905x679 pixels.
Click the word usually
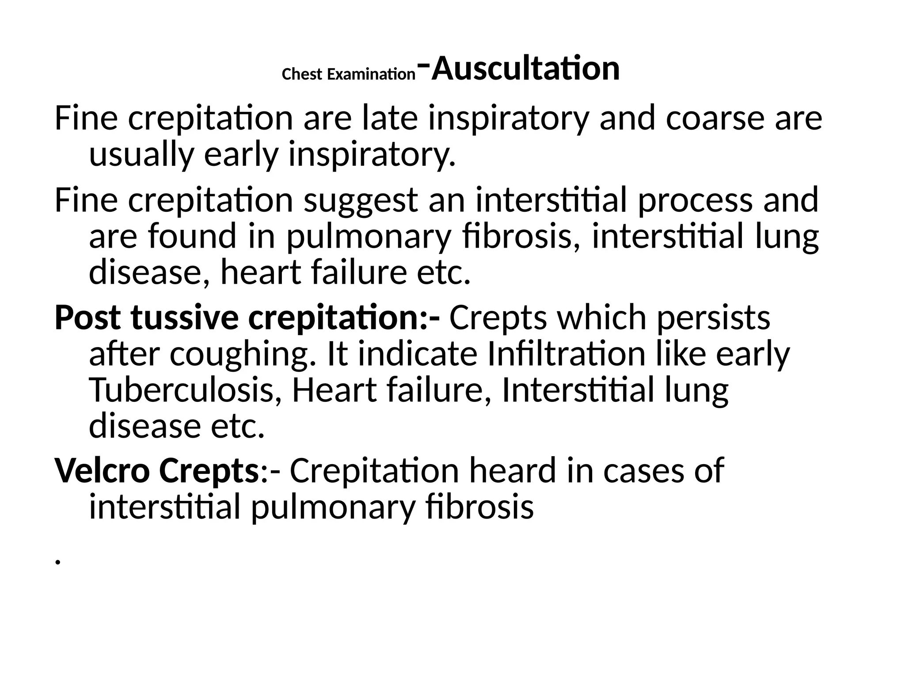pyautogui.click(x=141, y=155)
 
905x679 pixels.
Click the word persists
pyautogui.click(x=714, y=317)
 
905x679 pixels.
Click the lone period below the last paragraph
pyautogui.click(x=57, y=562)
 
